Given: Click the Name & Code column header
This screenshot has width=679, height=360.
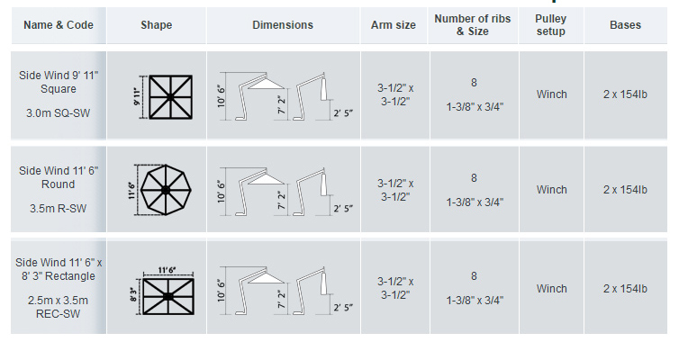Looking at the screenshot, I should [59, 25].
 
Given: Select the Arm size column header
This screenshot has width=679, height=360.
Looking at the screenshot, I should [394, 25].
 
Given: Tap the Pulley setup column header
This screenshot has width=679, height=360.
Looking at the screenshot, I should [551, 25].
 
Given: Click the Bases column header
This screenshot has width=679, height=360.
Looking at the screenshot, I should [625, 25].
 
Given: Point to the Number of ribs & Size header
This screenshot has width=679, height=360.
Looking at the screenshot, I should [474, 25].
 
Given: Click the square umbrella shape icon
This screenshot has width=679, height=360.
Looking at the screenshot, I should [167, 94].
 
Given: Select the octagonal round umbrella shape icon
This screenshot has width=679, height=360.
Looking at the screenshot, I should [167, 190].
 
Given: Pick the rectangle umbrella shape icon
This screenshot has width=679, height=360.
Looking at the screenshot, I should [167, 295].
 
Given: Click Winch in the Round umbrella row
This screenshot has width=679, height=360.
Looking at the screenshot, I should [551, 190].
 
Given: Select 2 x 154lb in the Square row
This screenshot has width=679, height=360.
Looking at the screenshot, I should [625, 94].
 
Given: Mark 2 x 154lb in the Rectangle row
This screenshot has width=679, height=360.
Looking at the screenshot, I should [625, 289].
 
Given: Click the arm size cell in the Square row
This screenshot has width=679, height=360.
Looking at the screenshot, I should [394, 94].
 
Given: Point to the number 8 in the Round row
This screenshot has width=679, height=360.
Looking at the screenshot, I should [474, 178].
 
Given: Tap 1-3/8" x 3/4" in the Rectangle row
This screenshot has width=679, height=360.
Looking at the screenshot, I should [474, 301].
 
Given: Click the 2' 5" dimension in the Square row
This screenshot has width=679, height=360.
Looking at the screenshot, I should [343, 113].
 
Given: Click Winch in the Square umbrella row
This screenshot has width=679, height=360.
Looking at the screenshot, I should [551, 94].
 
